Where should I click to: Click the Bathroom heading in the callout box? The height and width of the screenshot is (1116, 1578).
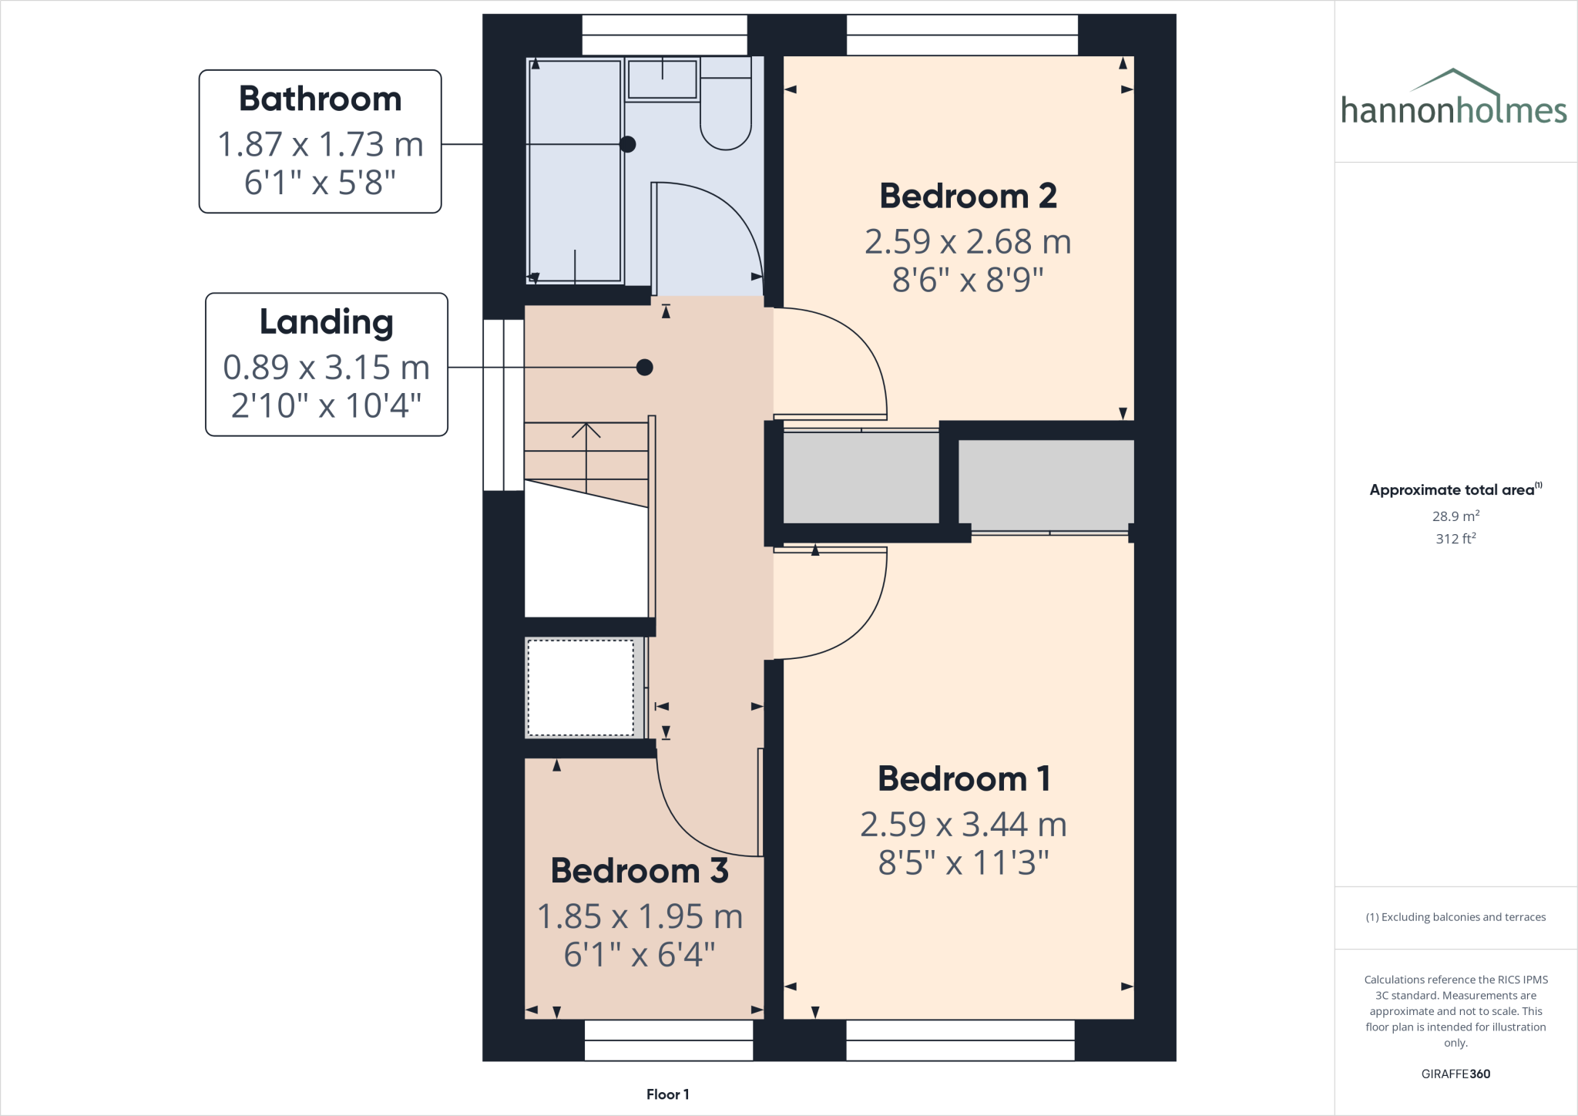[x=320, y=99]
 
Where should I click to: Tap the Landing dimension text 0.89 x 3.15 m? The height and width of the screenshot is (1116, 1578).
[x=326, y=368]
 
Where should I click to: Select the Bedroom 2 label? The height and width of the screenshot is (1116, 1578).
[x=968, y=197]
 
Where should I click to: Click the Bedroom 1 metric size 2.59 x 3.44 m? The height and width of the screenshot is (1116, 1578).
[x=963, y=825]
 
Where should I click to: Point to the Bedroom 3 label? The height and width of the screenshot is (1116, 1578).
[x=640, y=871]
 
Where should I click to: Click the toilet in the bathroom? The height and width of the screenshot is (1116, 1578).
[x=725, y=116]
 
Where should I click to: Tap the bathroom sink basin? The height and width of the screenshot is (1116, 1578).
[x=662, y=79]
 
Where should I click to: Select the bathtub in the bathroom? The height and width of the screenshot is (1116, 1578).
[x=575, y=171]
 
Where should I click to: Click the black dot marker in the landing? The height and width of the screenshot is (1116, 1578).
[x=645, y=368]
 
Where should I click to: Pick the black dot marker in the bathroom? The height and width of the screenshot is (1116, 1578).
[x=628, y=144]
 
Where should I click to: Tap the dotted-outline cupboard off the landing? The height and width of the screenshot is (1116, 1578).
[x=580, y=687]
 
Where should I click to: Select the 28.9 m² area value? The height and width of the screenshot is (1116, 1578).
[x=1455, y=516]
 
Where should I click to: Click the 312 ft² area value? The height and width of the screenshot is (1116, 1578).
[x=1455, y=539]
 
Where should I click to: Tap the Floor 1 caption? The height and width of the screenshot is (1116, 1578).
[x=667, y=1094]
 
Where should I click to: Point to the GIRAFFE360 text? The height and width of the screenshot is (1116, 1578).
[x=1455, y=1074]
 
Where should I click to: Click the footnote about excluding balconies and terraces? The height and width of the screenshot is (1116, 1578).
[x=1455, y=917]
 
